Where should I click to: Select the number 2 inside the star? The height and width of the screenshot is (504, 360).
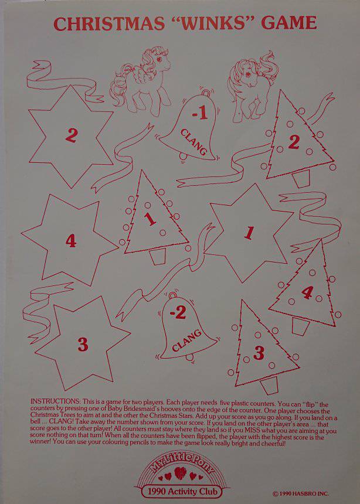click(71, 135)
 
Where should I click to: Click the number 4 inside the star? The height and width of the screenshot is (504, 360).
click(71, 240)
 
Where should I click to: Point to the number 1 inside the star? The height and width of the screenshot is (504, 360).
click(249, 233)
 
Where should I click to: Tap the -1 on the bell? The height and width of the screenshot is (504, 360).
click(199, 114)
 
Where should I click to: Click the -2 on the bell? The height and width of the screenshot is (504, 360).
click(178, 312)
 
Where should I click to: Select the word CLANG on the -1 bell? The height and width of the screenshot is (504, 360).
click(193, 142)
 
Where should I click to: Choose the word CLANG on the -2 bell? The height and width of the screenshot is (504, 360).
click(187, 340)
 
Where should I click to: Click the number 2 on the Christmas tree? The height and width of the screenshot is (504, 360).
click(294, 142)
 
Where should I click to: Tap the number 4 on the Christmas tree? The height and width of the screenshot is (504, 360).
click(307, 292)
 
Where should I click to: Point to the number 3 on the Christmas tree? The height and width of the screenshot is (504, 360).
click(259, 353)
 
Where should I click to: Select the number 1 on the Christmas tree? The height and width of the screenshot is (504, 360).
click(150, 219)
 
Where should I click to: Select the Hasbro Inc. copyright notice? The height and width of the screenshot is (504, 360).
click(300, 493)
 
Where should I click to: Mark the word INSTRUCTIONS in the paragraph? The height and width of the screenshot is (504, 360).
click(55, 401)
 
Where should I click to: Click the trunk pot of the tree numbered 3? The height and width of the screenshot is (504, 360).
click(269, 385)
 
